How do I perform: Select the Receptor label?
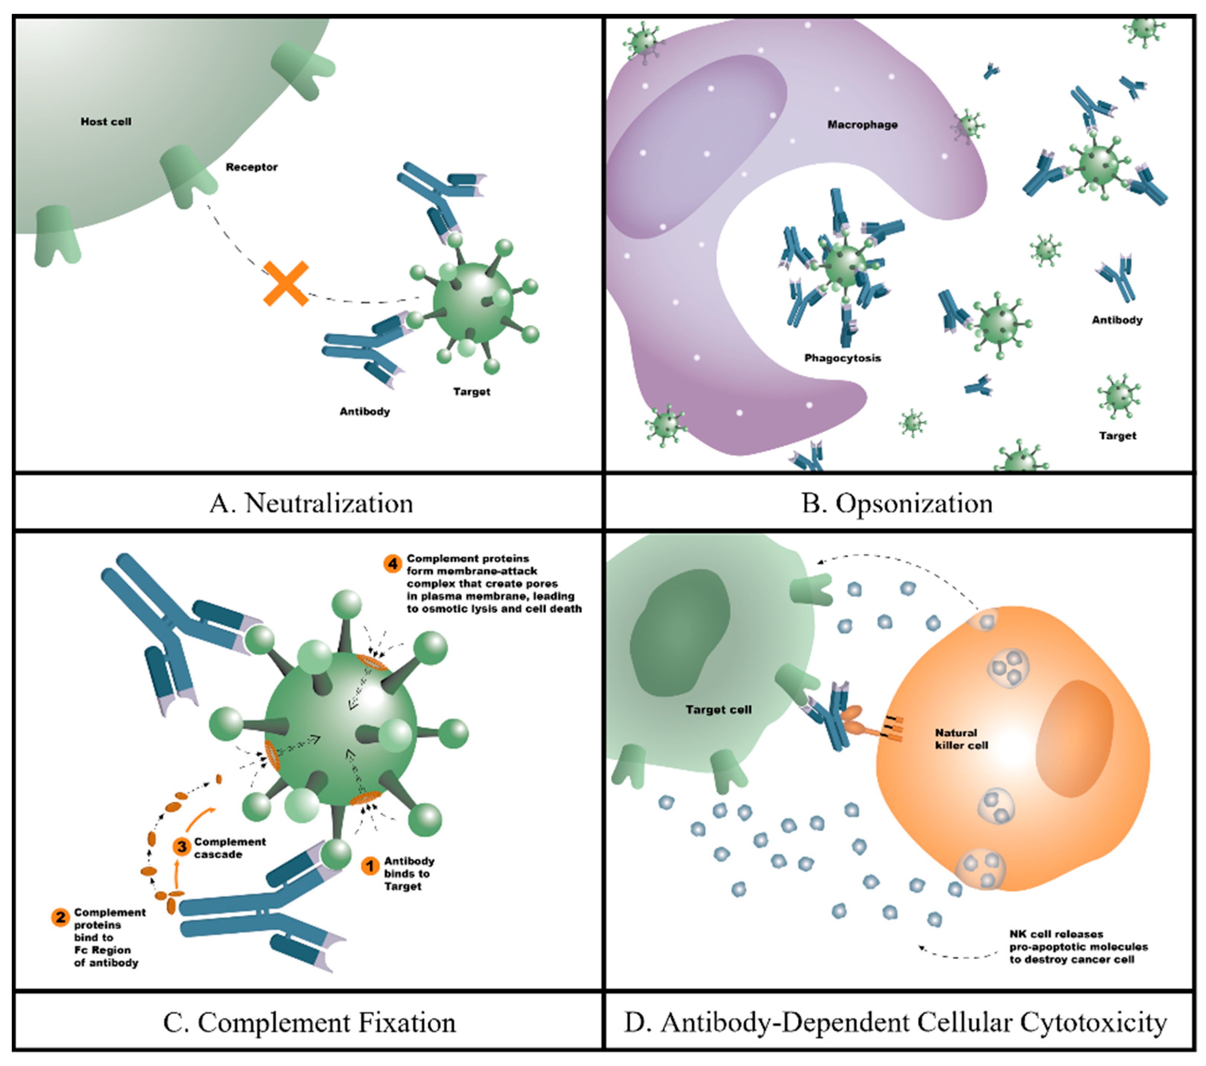click(x=251, y=167)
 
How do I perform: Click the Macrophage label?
click(x=862, y=124)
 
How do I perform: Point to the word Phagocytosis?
click(x=842, y=358)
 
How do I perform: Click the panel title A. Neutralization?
click(x=311, y=503)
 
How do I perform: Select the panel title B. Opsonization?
click(x=897, y=503)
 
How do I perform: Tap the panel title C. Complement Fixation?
click(x=309, y=1022)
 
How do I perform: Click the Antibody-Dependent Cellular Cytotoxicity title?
click(x=895, y=1022)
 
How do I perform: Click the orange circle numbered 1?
click(x=370, y=866)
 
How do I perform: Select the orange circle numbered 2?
click(x=60, y=917)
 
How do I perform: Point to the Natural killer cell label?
click(x=960, y=739)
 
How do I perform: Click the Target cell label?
click(x=718, y=710)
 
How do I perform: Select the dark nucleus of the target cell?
click(x=678, y=631)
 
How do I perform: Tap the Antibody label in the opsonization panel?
click(x=1116, y=320)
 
